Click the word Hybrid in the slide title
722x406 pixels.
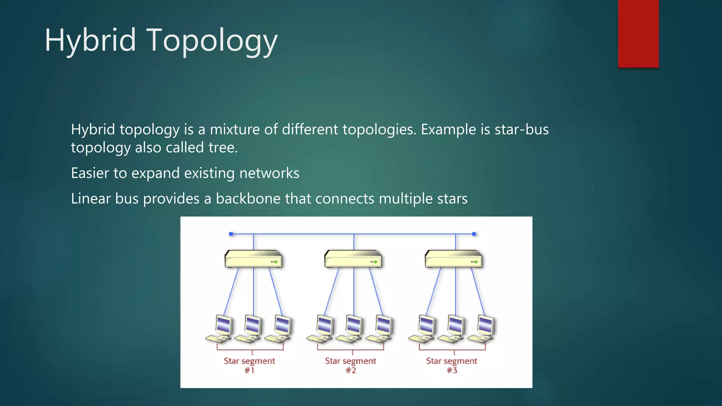coord(90,41)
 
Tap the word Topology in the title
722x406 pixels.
coord(212,41)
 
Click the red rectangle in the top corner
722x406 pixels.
coord(638,34)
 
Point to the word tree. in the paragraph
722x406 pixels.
coord(223,147)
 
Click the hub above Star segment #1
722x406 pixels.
coord(253,260)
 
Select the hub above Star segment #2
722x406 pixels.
coord(353,260)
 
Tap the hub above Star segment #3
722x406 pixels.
coord(454,260)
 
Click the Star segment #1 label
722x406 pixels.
coord(249,365)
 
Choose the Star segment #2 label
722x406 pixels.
coord(350,365)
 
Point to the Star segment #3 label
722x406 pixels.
coord(452,365)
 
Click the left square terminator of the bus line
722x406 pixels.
coord(231,234)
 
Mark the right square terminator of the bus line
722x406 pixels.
coord(474,234)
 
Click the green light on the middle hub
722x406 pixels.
coord(376,262)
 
